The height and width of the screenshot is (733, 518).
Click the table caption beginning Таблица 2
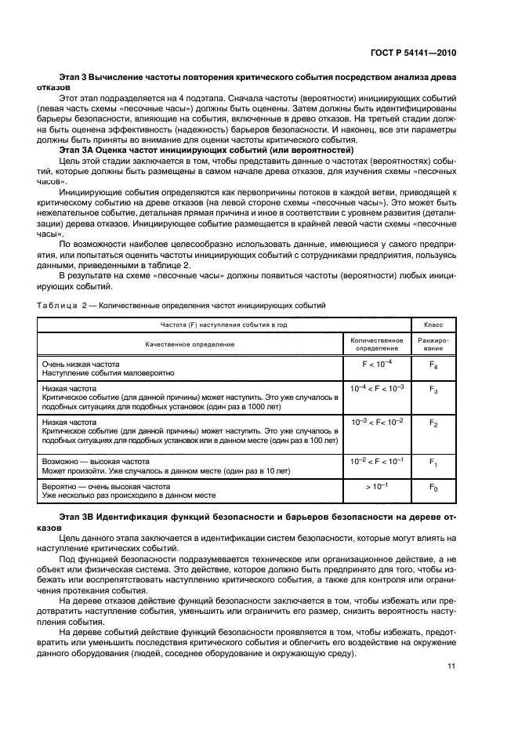click(x=180, y=305)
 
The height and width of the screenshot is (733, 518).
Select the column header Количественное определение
click(x=375, y=343)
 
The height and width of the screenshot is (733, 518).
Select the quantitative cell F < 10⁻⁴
click(x=375, y=364)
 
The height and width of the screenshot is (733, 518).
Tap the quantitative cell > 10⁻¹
click(x=375, y=487)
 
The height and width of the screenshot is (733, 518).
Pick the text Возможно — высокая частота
click(x=95, y=463)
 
